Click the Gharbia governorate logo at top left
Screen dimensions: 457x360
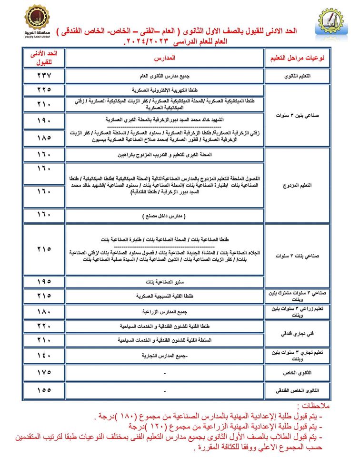click(37, 22)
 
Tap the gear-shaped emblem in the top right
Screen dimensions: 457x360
click(330, 23)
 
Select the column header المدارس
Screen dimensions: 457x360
click(165, 58)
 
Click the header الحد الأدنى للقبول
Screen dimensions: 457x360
click(43, 58)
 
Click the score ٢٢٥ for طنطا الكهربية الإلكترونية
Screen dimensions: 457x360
click(43, 89)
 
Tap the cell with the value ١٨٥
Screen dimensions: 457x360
click(43, 138)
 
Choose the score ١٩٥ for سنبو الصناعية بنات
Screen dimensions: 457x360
click(43, 281)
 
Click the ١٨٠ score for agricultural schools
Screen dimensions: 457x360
click(43, 312)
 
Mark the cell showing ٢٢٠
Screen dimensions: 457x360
click(43, 327)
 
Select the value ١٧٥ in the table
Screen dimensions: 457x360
click(43, 372)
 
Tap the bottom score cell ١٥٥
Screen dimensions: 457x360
click(43, 390)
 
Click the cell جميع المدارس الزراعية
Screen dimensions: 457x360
click(165, 312)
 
